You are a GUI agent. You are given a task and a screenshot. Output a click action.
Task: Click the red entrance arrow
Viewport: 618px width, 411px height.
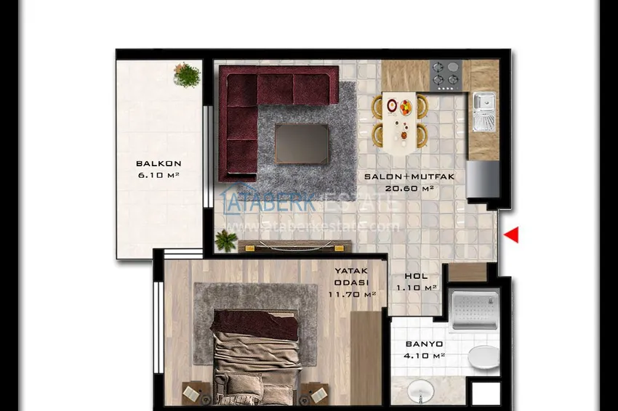coord(512,234)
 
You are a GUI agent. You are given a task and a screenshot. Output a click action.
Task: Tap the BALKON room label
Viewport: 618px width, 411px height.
coord(158,163)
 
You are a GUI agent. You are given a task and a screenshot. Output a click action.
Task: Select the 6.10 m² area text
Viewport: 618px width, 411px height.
coord(158,175)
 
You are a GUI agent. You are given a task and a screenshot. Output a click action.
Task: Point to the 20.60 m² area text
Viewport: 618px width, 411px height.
coord(409,189)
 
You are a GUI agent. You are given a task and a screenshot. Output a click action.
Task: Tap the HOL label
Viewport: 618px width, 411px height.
coord(416,276)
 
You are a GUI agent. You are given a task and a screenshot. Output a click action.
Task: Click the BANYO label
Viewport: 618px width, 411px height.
coord(425,343)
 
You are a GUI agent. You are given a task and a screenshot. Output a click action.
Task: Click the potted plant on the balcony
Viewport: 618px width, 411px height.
coord(188,74)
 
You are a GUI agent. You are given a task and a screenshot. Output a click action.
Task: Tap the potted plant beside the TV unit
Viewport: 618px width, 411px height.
coord(226,240)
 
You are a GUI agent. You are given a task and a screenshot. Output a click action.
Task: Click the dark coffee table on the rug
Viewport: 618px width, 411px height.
coord(301,143)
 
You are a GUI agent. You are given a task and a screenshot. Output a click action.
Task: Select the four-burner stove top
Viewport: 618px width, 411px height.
coord(446,75)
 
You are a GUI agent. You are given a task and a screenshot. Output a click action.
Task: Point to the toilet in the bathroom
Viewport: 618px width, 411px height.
coord(483,357)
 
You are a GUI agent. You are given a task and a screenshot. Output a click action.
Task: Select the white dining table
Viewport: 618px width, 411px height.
coord(399,121)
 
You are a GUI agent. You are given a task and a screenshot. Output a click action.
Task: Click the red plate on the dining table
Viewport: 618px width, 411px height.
coord(393,105)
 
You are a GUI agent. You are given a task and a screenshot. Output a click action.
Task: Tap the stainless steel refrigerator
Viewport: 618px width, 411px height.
coord(482,179)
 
